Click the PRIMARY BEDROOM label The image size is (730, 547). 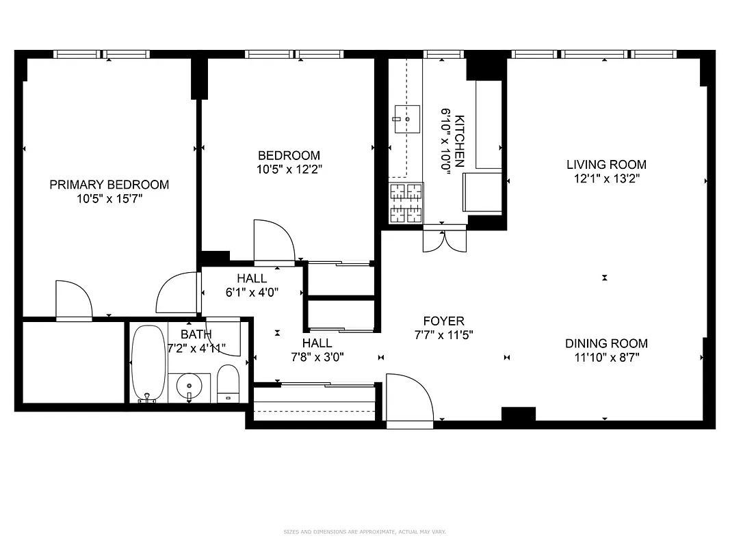tap(109, 185)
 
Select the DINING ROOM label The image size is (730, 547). tap(606, 344)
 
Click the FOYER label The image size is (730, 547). tap(443, 321)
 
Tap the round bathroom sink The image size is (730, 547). tap(190, 386)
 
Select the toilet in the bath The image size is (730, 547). tap(228, 384)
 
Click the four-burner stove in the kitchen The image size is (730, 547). tap(406, 204)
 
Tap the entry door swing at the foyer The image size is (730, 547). tap(408, 399)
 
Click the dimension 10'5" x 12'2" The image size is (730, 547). tap(288, 169)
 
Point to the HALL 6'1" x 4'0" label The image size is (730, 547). tap(252, 285)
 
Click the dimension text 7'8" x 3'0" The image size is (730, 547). tap(317, 356)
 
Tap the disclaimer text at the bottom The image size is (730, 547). tap(365, 531)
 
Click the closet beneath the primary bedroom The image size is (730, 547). tap(72, 362)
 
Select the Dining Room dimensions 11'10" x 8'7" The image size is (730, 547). tap(606, 357)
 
